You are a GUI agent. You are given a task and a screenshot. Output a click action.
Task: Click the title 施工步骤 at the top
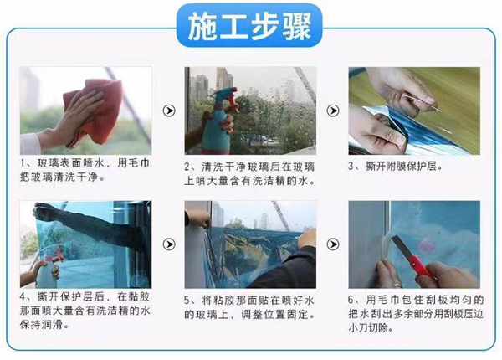(x=249, y=26)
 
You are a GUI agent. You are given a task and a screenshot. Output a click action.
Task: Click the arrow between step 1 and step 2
(x=169, y=111)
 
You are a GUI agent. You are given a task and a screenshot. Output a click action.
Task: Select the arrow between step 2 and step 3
(x=333, y=111)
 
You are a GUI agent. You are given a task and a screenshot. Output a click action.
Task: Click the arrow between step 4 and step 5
(x=169, y=244)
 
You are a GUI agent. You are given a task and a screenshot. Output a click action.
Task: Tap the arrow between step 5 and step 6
(x=333, y=244)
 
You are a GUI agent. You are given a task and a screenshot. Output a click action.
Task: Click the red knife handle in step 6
(x=420, y=266)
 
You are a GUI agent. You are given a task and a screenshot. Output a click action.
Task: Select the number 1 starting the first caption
(x=23, y=163)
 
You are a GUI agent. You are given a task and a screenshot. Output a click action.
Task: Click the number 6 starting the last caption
(x=351, y=300)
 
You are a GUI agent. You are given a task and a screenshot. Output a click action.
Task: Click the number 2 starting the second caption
(x=187, y=167)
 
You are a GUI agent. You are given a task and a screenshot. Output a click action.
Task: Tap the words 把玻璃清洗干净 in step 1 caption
(x=59, y=177)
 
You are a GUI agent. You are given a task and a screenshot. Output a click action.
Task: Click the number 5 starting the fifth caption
(x=187, y=300)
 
